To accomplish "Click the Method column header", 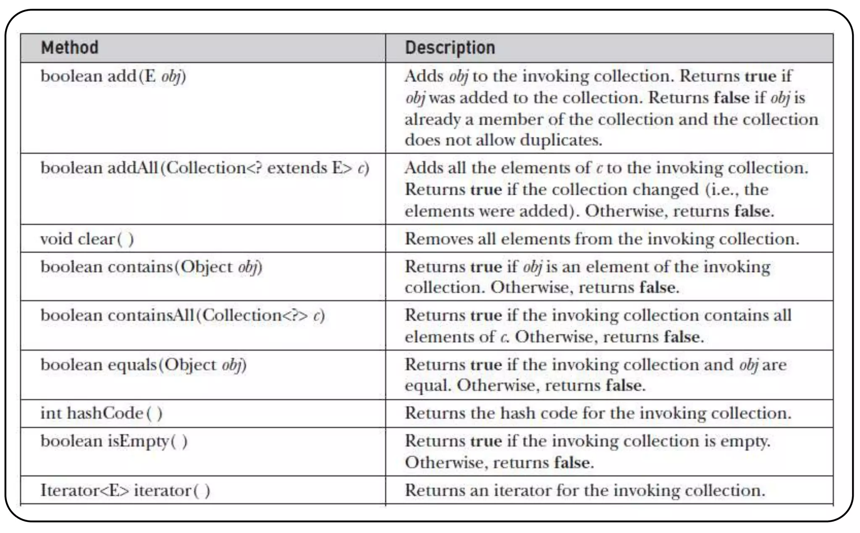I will (x=70, y=47).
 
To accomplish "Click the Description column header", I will (x=450, y=47).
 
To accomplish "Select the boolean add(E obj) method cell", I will (x=113, y=76).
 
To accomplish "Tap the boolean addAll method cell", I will (x=205, y=168).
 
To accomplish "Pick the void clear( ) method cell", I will (x=87, y=239).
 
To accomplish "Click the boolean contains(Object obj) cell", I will (x=151, y=267).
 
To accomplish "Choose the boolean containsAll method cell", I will (x=182, y=316).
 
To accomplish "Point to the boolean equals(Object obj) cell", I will (x=143, y=365).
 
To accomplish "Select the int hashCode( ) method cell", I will (x=101, y=413).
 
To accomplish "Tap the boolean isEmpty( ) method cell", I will (x=114, y=442).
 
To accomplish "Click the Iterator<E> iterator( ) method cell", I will (x=125, y=491).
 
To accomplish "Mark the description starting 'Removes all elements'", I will (x=602, y=239).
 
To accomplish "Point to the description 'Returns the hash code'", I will (x=598, y=413).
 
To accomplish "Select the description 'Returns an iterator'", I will (x=585, y=491).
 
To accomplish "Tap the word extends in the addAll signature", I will (x=297, y=168).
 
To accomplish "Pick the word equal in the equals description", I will (x=427, y=386).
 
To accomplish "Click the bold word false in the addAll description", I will (x=753, y=211).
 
